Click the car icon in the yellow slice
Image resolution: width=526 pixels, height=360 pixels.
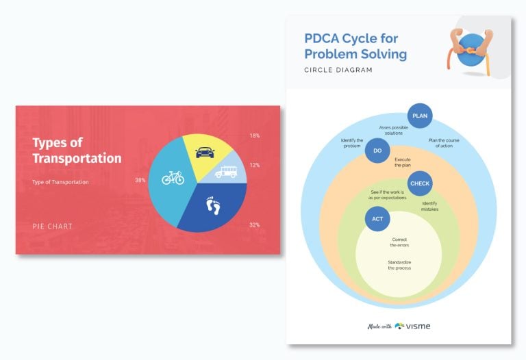tap(204, 153)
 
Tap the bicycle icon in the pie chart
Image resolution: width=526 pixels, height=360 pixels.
tap(173, 178)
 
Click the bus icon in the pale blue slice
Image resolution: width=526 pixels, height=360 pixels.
tap(226, 172)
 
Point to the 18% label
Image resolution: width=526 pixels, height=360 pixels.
tap(254, 136)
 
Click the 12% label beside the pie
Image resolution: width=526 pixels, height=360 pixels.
tap(254, 165)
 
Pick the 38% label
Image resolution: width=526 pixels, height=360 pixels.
tap(140, 181)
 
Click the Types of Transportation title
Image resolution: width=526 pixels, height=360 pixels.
tap(77, 151)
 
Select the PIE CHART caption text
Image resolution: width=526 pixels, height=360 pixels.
tap(52, 226)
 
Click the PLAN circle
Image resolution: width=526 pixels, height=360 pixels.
tap(420, 116)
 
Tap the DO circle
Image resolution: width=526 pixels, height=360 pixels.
tap(377, 151)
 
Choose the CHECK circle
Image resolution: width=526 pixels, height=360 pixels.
tap(420, 183)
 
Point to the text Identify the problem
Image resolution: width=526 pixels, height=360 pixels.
tap(351, 143)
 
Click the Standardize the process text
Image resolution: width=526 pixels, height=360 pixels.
tap(399, 265)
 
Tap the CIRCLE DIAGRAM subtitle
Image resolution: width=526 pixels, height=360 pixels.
tap(338, 70)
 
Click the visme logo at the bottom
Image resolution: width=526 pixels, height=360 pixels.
tap(413, 326)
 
